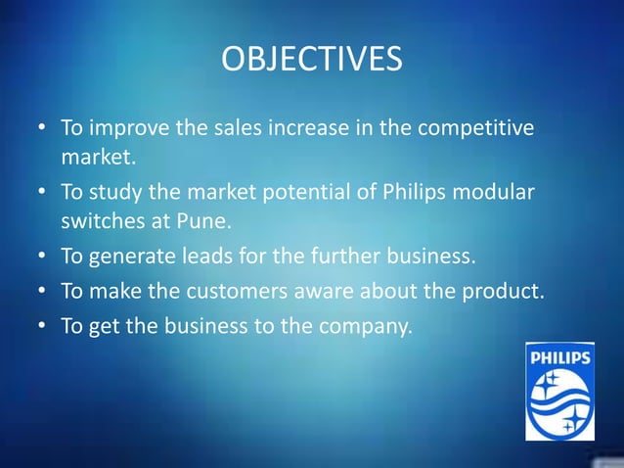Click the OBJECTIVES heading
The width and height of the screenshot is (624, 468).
point(311,59)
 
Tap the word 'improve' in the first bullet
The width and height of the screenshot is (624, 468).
point(126,128)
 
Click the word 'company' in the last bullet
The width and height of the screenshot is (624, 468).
point(368,325)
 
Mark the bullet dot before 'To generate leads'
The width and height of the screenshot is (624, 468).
point(42,258)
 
